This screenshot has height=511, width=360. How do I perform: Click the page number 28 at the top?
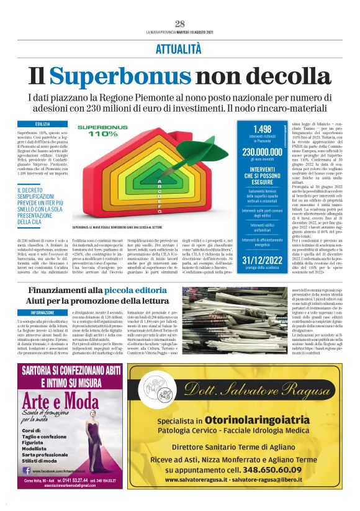click(179, 24)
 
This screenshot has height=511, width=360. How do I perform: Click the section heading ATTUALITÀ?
click(179, 47)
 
